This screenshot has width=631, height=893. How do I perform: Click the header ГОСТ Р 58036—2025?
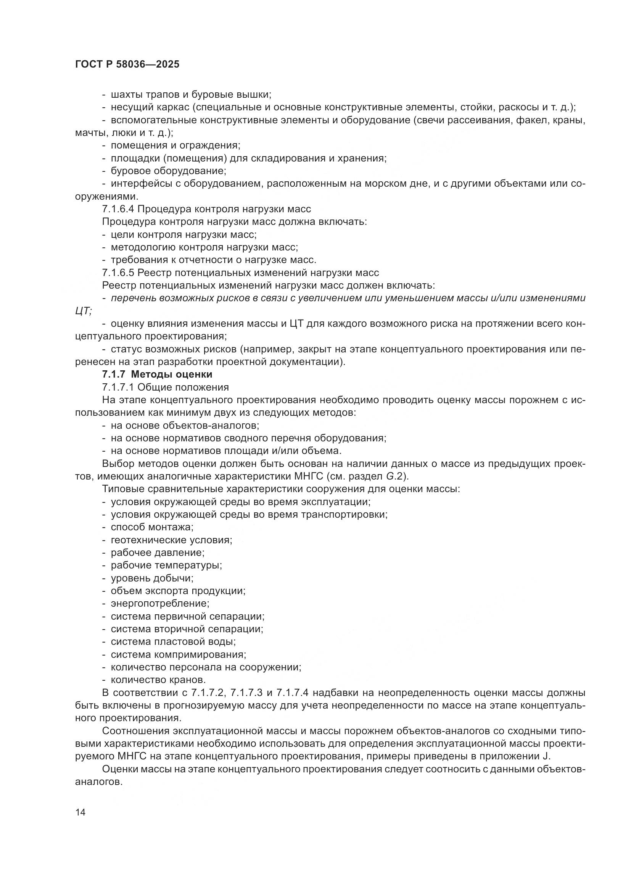[127, 65]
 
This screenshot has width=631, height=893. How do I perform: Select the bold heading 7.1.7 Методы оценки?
[157, 375]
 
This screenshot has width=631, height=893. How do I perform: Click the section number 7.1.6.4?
[118, 209]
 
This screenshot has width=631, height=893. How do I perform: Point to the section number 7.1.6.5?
[118, 273]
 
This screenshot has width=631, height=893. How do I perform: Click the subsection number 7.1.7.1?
[118, 388]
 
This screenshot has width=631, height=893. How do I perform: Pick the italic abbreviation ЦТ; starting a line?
[83, 311]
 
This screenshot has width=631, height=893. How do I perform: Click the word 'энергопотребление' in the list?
[160, 604]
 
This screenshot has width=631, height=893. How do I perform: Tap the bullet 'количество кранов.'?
[158, 680]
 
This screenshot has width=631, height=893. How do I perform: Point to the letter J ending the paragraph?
[548, 756]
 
